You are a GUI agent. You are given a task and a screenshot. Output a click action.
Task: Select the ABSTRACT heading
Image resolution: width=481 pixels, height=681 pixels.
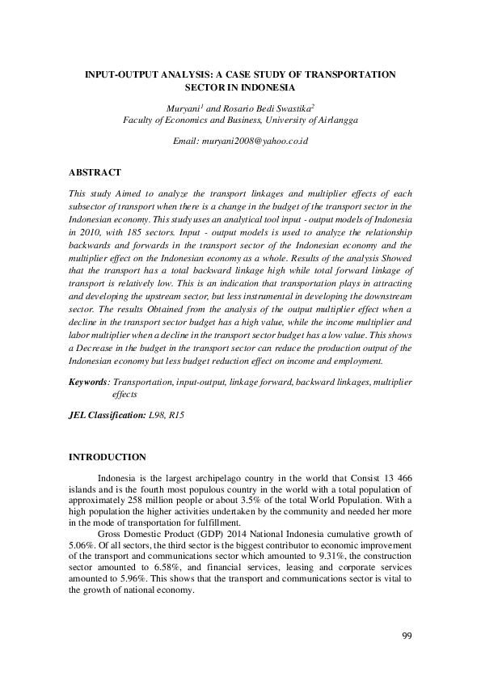coord(95,172)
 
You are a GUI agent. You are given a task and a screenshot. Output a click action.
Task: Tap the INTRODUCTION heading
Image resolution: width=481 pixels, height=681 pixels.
coord(108,457)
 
